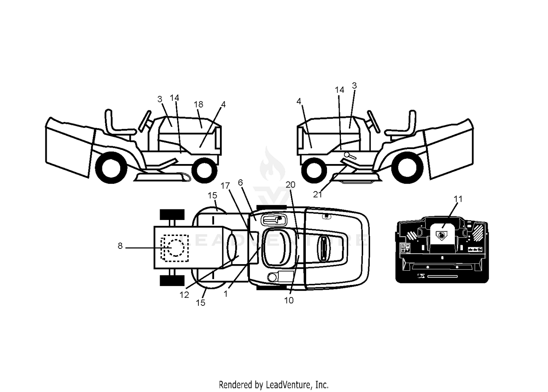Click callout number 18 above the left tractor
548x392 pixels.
coord(198,104)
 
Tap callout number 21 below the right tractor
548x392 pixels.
coord(317,194)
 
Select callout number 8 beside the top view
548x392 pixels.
coord(120,246)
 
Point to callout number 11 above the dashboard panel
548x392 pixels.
coord(458,199)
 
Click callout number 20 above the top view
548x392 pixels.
coord(290,185)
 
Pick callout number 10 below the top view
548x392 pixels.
coord(289,300)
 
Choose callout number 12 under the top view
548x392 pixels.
coord(184,295)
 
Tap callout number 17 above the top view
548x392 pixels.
coord(225,186)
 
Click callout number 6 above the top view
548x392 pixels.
coord(240,183)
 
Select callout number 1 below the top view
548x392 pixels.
coord(225,294)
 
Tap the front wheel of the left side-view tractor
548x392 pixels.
coord(205,170)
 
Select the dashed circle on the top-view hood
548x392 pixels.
coord(175,248)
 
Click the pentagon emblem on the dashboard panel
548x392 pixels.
coord(441,236)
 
